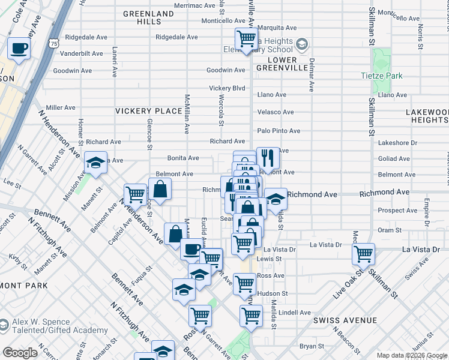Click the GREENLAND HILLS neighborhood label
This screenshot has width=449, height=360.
[142, 17]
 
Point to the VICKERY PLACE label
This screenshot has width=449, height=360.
[148, 111]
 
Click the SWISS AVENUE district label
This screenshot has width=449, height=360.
[340, 321]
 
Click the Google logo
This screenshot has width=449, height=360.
[20, 353]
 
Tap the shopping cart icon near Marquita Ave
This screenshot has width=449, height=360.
[246, 40]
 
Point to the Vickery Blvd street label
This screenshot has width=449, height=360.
[228, 88]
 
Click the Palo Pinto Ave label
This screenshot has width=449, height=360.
[279, 131]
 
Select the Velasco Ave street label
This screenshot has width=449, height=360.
[276, 112]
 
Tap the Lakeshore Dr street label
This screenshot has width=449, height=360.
[397, 143]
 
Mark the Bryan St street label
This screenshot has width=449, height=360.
[312, 346]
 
